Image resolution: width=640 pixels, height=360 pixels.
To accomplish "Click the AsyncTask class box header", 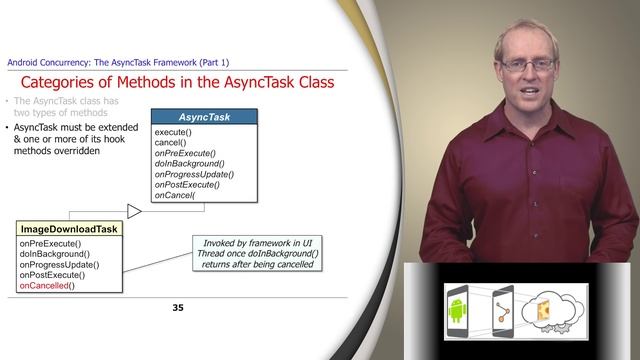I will [204, 117].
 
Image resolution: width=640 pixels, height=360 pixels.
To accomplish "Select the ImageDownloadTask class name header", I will [69, 229].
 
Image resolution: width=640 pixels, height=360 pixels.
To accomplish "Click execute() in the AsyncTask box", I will [173, 132].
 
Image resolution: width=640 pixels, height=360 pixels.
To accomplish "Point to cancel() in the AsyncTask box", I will [170, 142].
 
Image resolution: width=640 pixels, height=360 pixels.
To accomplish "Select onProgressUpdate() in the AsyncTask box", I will [191, 174].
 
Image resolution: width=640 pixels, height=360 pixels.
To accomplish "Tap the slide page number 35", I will [178, 307].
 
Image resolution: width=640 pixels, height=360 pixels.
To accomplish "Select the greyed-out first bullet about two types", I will [60, 108].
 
